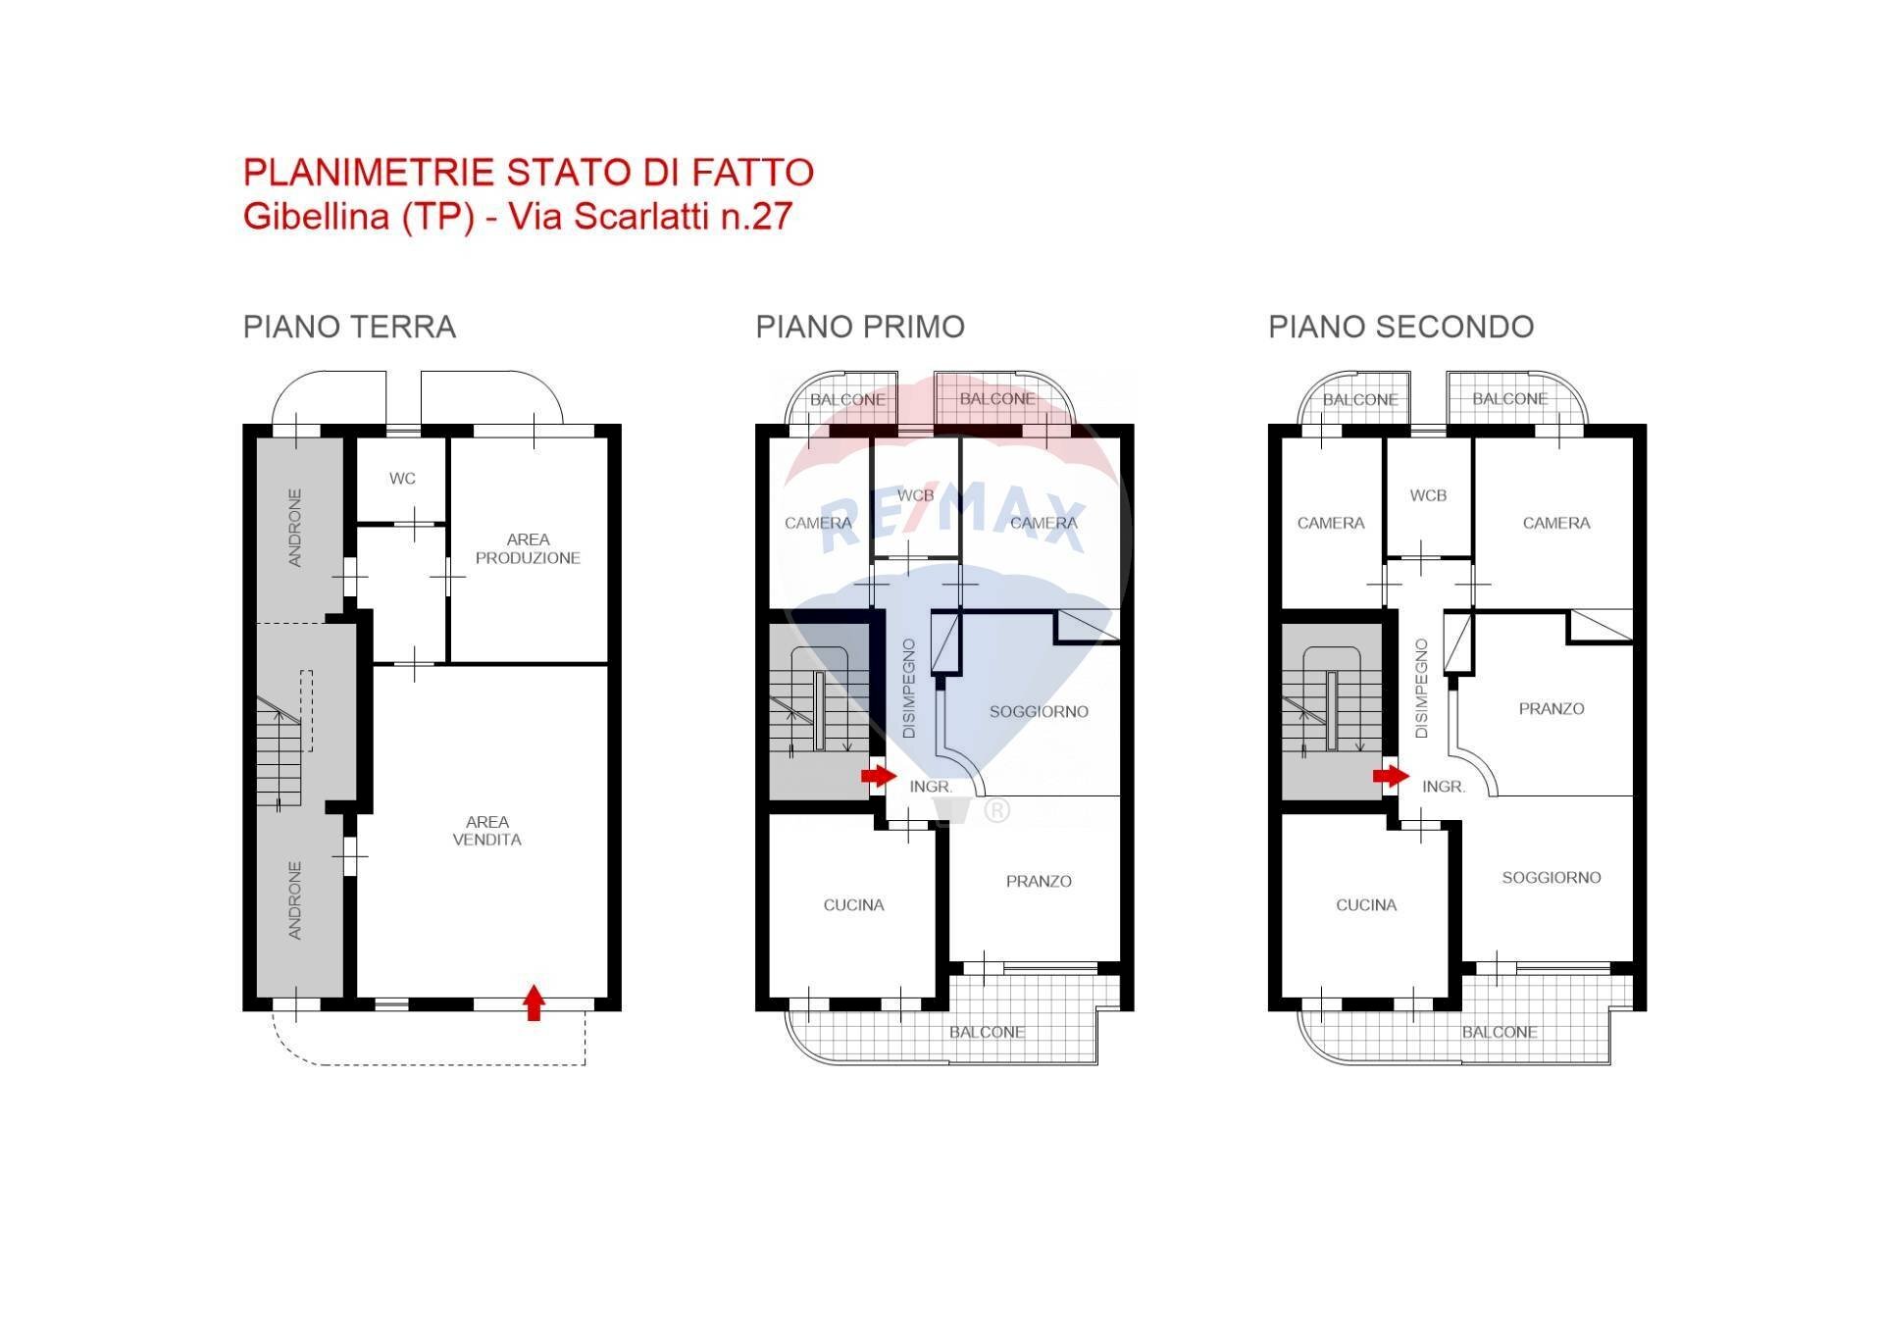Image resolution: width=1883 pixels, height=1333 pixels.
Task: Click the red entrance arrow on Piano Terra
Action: click(x=534, y=1002)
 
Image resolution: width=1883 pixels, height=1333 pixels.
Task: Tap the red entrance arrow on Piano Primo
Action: click(x=879, y=776)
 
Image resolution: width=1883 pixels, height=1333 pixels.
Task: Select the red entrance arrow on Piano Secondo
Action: click(x=1391, y=776)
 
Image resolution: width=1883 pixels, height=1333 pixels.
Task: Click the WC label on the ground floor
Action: click(x=402, y=479)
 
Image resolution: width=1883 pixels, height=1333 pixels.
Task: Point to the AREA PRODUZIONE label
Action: click(x=528, y=548)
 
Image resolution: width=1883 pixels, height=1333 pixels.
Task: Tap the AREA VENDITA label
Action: click(x=486, y=831)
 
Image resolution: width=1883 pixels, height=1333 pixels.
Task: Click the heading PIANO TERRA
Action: click(x=349, y=327)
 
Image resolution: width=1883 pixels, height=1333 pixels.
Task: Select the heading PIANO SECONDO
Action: click(x=1400, y=327)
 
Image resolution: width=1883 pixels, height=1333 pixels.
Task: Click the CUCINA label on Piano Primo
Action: click(x=853, y=904)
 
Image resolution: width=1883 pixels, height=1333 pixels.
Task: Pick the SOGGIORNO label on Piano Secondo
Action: click(x=1551, y=877)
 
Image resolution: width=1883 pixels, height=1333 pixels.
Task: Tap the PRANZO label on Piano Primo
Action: click(x=1039, y=881)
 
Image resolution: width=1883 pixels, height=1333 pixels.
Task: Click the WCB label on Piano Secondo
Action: click(x=1428, y=495)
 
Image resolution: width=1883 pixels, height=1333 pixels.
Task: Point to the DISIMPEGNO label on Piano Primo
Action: click(x=909, y=689)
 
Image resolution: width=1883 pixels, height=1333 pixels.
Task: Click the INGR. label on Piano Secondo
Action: click(x=1444, y=787)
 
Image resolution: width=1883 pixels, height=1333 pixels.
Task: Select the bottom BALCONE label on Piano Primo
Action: click(x=987, y=1032)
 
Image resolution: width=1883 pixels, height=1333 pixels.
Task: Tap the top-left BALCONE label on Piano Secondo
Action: click(x=1359, y=399)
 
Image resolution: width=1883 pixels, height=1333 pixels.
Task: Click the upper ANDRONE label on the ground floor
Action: click(x=295, y=528)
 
